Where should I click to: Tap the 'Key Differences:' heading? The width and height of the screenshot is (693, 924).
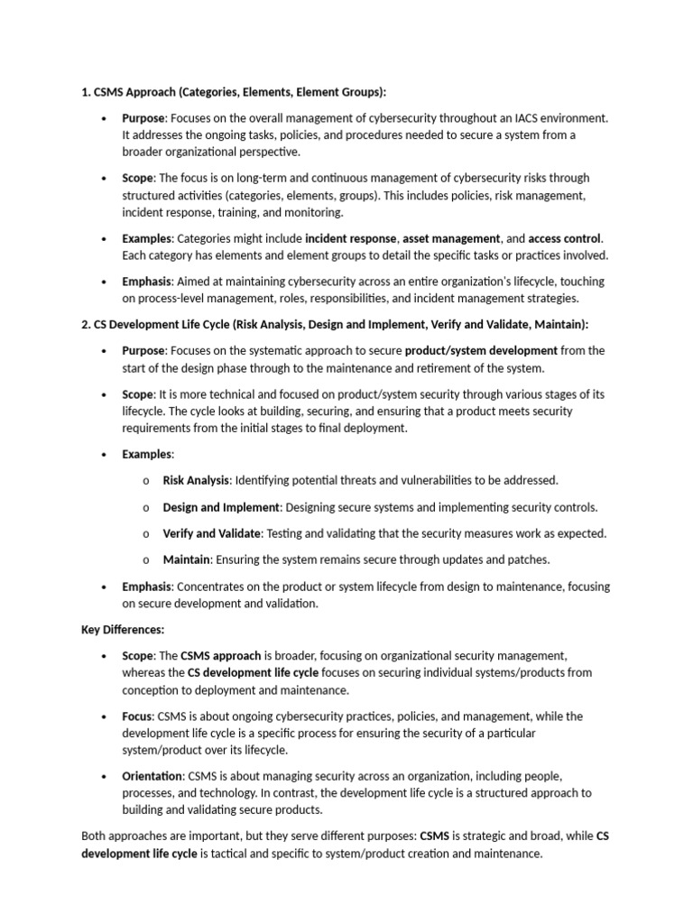pyautogui.click(x=123, y=630)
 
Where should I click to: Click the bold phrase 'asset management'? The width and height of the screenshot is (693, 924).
pyautogui.click(x=451, y=238)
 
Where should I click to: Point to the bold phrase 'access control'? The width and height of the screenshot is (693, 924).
pyautogui.click(x=564, y=238)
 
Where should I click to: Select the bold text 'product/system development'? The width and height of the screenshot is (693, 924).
pyautogui.click(x=481, y=350)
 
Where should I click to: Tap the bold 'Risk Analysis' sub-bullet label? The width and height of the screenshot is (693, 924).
pyautogui.click(x=196, y=480)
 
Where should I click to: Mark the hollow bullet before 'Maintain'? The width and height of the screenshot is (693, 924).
pyautogui.click(x=145, y=559)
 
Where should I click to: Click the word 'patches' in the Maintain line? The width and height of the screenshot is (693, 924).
pyautogui.click(x=529, y=559)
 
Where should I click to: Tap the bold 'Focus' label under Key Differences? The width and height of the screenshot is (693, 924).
pyautogui.click(x=137, y=716)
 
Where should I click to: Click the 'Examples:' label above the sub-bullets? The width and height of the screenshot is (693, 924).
pyautogui.click(x=148, y=454)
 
